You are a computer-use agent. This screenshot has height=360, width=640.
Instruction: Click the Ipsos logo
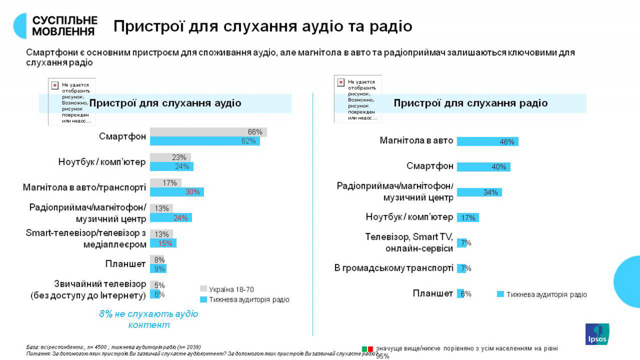597,334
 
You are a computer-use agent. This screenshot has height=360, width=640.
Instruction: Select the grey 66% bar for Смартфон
208,132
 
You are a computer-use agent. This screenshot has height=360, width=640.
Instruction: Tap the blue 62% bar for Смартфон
204,141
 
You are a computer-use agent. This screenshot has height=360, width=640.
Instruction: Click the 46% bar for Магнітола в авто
487,141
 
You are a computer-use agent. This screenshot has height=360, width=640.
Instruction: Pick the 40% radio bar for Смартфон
483,167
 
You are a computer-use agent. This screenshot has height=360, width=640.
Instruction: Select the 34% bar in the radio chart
479,192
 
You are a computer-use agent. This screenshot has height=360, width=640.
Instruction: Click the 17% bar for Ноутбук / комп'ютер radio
468,218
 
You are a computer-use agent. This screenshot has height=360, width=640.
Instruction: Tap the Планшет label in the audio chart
125,264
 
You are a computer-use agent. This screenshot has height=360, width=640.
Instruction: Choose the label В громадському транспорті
394,268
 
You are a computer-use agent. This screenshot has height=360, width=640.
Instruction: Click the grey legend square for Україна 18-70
203,290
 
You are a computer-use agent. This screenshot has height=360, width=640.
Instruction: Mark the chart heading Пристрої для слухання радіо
470,103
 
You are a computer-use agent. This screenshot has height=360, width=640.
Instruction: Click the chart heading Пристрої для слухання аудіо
165,103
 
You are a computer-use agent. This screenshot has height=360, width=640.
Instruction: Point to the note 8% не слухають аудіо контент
148,319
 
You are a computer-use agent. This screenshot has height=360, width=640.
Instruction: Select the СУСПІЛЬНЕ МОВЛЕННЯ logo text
65,26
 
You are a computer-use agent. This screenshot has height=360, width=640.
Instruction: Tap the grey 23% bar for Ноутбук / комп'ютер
170,157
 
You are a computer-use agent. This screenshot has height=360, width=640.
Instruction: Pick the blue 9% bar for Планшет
158,269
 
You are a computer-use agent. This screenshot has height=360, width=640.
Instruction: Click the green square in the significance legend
365,349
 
